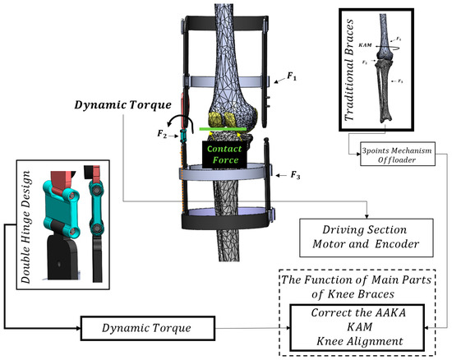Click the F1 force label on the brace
tap(291, 76)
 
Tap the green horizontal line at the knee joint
tap(225, 129)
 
